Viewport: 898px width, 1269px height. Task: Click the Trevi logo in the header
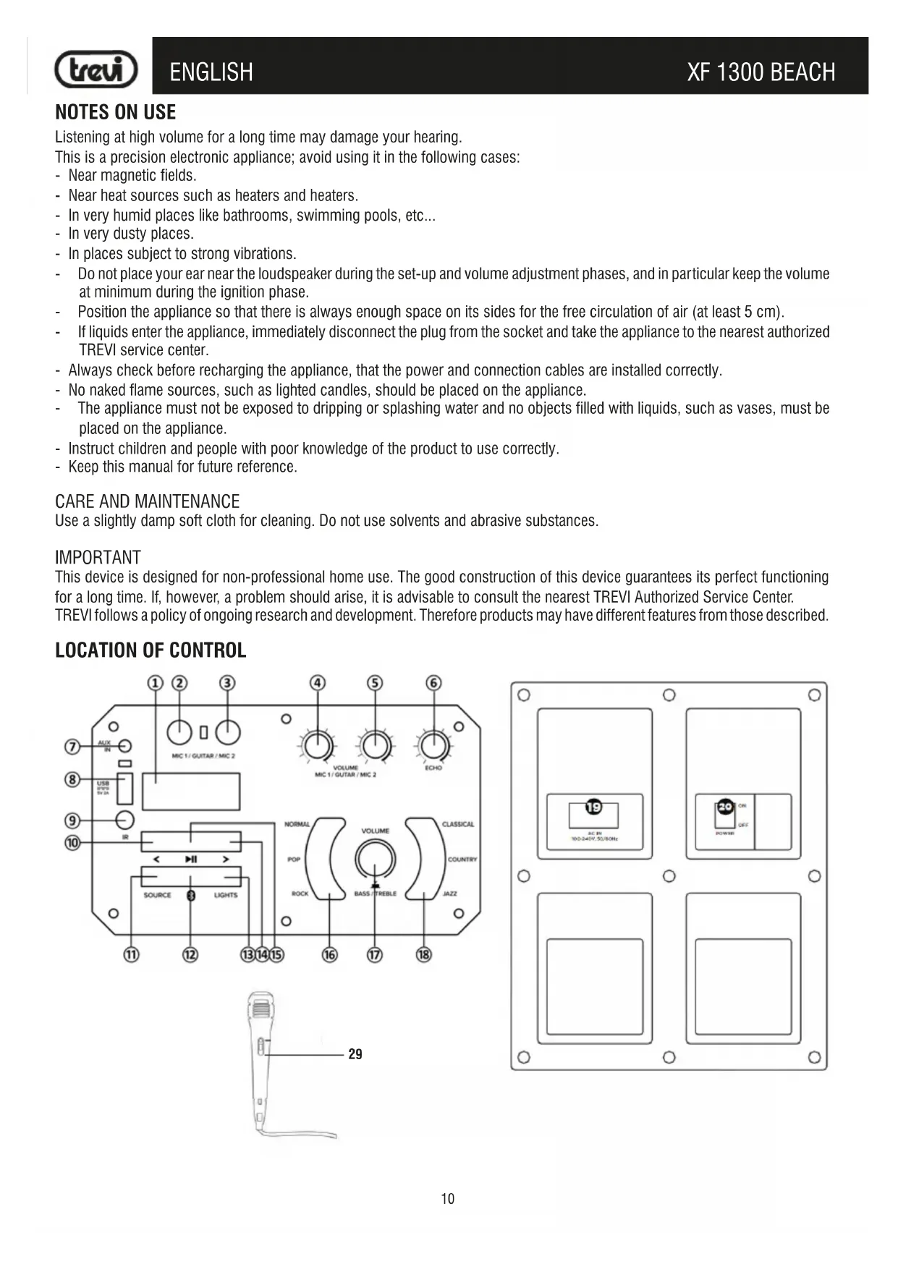coord(96,69)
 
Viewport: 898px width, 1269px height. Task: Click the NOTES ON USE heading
coord(115,112)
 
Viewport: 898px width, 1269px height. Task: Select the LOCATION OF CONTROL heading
coord(151,650)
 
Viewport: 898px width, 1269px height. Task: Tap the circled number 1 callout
coord(156,683)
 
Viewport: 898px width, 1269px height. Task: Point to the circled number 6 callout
coord(433,683)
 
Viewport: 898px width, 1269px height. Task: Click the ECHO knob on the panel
coord(433,743)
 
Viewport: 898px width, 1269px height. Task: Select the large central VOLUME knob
coord(375,860)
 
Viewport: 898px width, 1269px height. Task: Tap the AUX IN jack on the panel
coord(125,746)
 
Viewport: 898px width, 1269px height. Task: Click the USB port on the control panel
coord(124,789)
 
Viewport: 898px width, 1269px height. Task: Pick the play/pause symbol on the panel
coord(191,860)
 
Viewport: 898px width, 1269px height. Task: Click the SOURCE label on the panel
coord(157,895)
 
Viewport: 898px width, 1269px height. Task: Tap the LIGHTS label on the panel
coord(226,895)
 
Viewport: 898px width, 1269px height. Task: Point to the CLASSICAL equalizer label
coord(458,824)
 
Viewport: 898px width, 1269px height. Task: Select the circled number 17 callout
coord(374,955)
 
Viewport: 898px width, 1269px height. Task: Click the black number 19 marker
coord(593,807)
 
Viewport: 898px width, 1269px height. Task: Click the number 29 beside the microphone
coord(355,1054)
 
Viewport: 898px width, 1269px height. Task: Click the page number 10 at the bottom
coord(448,1199)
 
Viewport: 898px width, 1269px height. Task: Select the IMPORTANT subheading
coord(98,558)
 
